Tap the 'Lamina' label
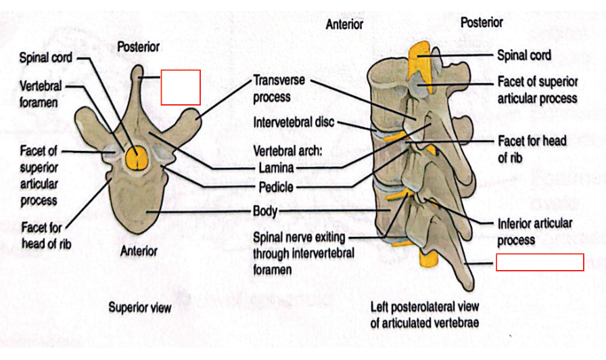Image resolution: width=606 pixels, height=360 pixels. pos(275,168)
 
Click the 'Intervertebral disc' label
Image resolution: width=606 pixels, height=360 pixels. pos(294,124)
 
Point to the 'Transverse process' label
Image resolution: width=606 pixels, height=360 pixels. pos(279,89)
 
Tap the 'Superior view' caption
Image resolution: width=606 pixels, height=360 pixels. pos(140,307)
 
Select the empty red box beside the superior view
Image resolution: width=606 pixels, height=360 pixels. pos(181,87)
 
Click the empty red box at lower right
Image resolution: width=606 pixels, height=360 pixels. pos(540,262)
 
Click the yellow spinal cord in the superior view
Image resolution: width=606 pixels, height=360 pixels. pos(138,158)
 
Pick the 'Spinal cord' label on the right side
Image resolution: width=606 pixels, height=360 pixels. pos(523,55)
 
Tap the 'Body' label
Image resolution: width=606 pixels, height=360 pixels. pos(264,211)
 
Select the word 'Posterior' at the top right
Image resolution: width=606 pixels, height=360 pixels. pos(482,22)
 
